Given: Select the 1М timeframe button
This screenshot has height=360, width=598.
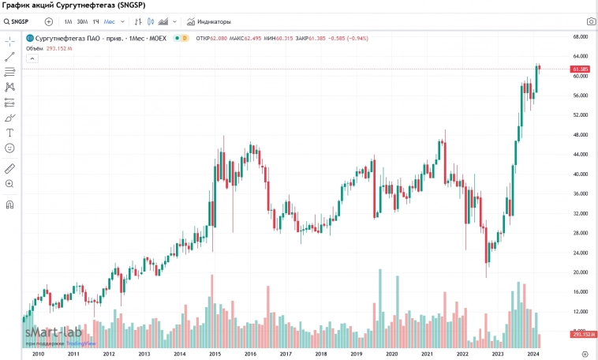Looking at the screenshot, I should tap(68, 21).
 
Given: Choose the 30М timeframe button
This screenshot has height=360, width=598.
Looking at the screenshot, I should tap(82, 21).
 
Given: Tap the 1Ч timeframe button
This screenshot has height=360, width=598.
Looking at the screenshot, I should tap(95, 21).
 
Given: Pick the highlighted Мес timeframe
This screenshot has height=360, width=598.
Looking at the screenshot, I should tap(109, 21).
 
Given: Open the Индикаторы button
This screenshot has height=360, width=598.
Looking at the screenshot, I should tap(208, 21).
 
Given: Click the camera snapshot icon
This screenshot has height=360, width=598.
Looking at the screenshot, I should tap(591, 21).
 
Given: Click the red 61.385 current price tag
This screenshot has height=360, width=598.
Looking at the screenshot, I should tap(581, 69).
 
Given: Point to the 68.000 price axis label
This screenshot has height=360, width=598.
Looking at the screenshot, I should tap(581, 36).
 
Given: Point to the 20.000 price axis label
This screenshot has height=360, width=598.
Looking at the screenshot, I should tap(581, 272).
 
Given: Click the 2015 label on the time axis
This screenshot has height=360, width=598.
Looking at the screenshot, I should tap(215, 354).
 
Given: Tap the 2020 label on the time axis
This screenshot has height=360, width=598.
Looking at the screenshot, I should tap(392, 354).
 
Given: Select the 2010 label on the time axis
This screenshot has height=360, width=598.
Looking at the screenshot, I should tap(38, 354).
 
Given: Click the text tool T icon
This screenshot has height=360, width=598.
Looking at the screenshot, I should tap(10, 133).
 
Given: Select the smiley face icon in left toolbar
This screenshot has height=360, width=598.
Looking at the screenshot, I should tap(10, 148).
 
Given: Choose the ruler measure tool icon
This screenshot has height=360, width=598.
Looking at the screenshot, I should tap(10, 168).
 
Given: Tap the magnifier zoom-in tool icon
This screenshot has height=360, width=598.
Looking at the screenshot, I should tap(10, 183).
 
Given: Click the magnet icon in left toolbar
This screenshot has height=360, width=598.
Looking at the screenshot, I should tap(10, 204).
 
